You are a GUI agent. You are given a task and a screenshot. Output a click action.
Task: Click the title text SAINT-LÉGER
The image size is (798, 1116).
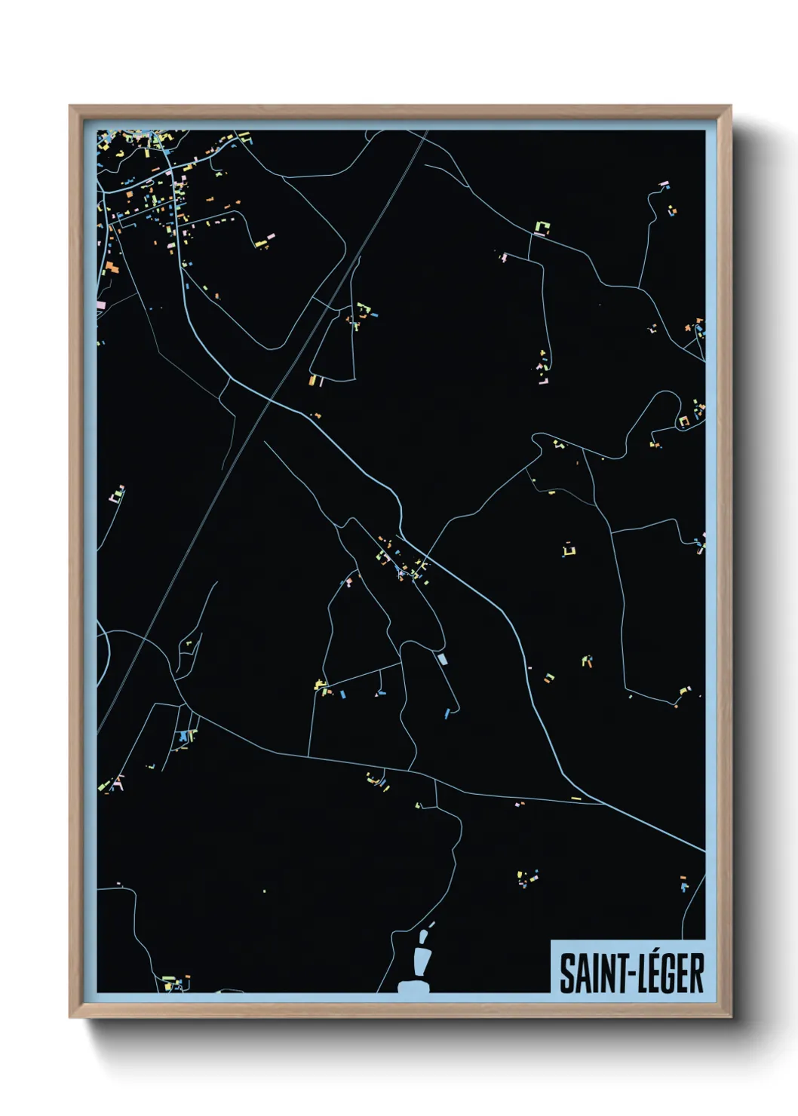click(x=631, y=973)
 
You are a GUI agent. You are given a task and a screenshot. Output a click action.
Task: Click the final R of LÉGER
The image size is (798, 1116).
click(x=696, y=973)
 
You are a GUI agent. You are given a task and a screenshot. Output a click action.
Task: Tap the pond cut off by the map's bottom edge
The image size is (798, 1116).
click(x=413, y=986)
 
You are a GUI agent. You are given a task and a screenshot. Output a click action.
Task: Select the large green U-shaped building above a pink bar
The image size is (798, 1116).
click(x=541, y=226)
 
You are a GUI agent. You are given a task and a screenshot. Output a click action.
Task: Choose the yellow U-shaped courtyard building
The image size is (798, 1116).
click(x=569, y=550)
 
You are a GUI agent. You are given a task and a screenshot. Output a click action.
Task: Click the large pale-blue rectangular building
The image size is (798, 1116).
click(x=442, y=658)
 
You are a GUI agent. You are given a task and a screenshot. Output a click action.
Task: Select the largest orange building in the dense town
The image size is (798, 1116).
click(x=112, y=267)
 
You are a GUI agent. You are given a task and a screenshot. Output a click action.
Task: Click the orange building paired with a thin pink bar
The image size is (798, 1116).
click(x=313, y=380)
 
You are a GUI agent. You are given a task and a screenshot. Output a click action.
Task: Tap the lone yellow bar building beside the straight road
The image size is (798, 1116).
click(x=576, y=798)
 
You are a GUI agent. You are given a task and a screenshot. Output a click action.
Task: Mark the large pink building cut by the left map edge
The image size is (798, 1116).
click(x=101, y=305)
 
